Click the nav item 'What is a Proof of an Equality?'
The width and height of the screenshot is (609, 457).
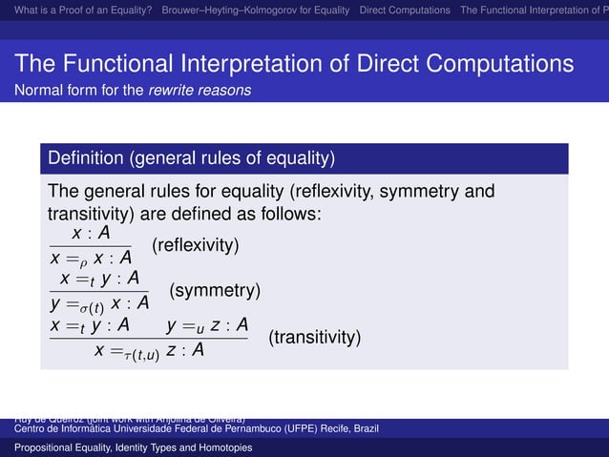73,10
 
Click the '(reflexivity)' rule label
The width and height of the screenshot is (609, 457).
195,245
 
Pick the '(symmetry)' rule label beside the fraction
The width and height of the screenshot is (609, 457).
215,289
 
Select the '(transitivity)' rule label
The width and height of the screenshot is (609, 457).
314,337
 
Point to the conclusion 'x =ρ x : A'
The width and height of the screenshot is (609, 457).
91,258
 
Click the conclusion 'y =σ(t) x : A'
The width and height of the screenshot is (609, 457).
100,302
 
